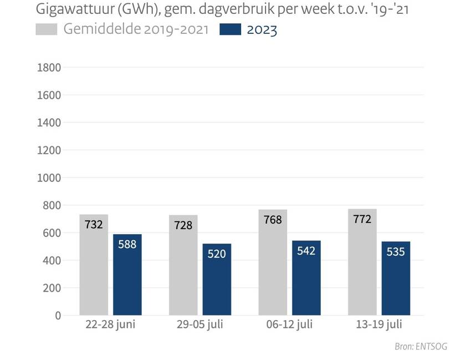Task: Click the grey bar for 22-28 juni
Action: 94,265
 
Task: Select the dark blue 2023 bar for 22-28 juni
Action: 127,275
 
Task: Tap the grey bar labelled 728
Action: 183,266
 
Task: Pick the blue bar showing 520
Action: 217,280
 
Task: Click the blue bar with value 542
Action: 306,278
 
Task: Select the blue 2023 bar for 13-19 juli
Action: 396,278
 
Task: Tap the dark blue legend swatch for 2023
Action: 231,30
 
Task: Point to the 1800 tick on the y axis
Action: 48,68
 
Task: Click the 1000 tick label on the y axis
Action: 48,178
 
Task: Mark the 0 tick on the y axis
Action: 58,316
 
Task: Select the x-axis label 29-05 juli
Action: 200,324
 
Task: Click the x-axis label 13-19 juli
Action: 379,324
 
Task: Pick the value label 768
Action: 273,220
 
